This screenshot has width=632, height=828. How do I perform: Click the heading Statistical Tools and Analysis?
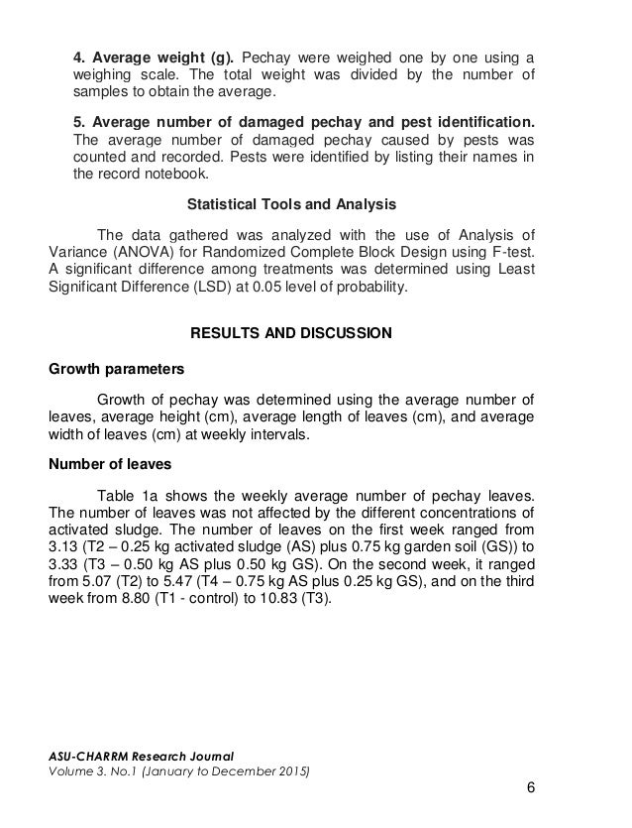pyautogui.click(x=291, y=205)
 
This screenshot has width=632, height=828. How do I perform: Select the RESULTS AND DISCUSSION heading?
pyautogui.click(x=291, y=333)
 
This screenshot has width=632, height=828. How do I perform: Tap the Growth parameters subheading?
pyautogui.click(x=117, y=370)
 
